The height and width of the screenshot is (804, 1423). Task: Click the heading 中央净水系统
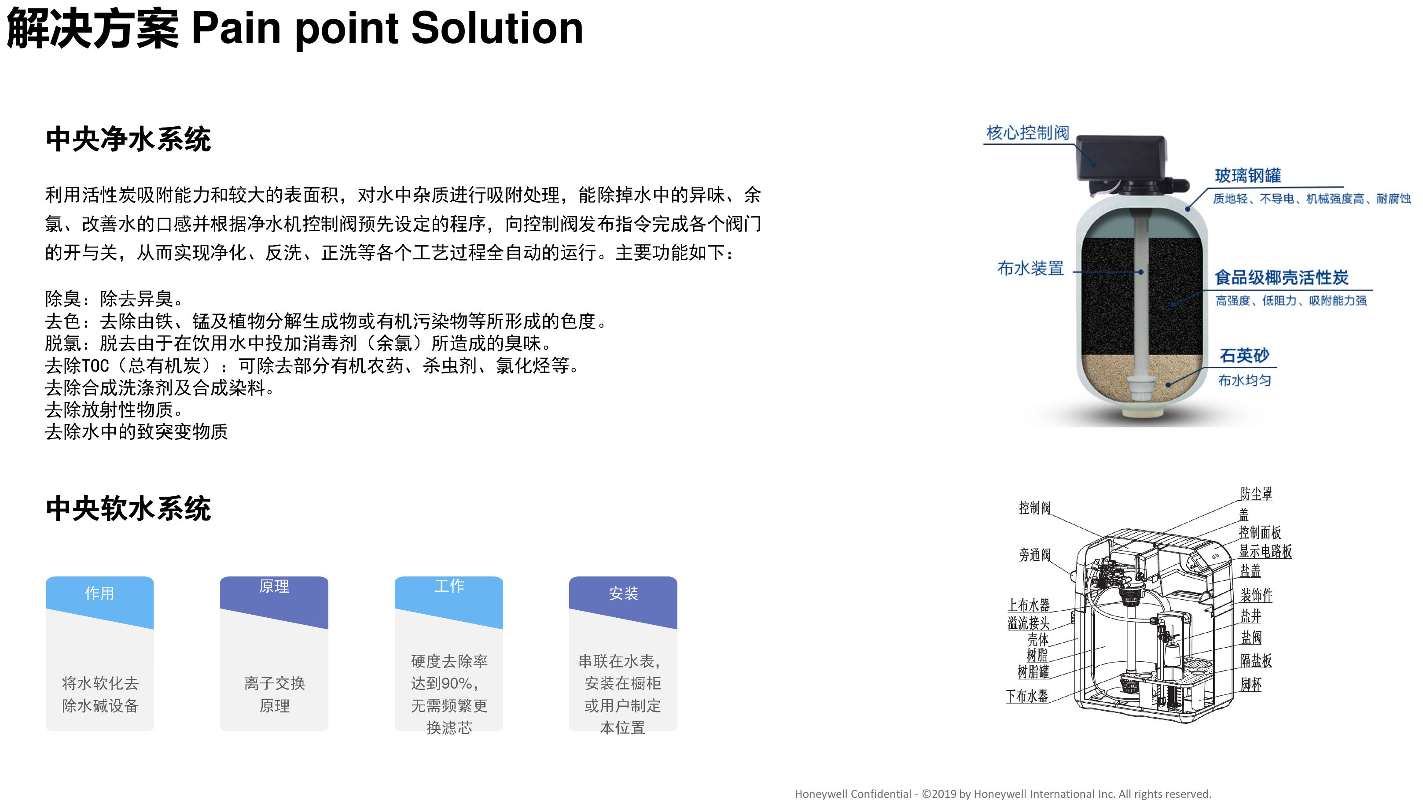(128, 139)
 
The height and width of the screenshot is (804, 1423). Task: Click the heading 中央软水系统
(128, 509)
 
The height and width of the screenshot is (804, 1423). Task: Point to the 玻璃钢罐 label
(1248, 175)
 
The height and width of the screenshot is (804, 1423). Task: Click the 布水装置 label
(1031, 268)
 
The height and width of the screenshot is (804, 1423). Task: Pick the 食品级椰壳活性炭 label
(1282, 277)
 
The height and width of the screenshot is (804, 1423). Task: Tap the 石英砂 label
(1245, 355)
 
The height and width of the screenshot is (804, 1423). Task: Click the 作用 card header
(99, 594)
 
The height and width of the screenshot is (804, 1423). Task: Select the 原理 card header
(274, 587)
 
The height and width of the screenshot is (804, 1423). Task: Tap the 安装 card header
(623, 594)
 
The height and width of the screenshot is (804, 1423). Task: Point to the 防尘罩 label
(1256, 494)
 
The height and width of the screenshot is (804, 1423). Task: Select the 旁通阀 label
(1035, 554)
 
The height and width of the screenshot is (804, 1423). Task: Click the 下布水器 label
(1027, 696)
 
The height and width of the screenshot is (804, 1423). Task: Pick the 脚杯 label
(1251, 684)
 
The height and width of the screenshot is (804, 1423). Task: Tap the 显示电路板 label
(1265, 551)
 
